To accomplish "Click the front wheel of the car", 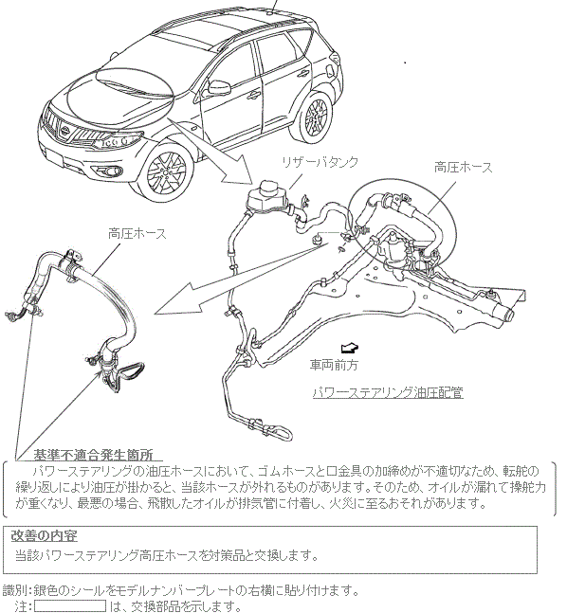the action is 167,172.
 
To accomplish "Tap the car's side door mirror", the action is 218,87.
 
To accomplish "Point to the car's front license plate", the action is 54,157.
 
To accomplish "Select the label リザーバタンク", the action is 320,162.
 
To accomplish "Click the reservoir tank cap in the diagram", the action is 270,188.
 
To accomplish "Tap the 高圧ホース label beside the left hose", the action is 137,234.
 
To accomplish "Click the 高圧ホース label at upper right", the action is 464,168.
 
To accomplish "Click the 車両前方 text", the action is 334,365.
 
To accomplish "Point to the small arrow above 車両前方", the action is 350,347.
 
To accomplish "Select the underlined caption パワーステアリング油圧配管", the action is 388,392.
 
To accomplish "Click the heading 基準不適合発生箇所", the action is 93,455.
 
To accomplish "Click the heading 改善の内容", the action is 45,535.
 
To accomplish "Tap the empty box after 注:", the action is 70,606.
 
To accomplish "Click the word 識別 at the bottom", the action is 15,589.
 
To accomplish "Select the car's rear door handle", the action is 302,73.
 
